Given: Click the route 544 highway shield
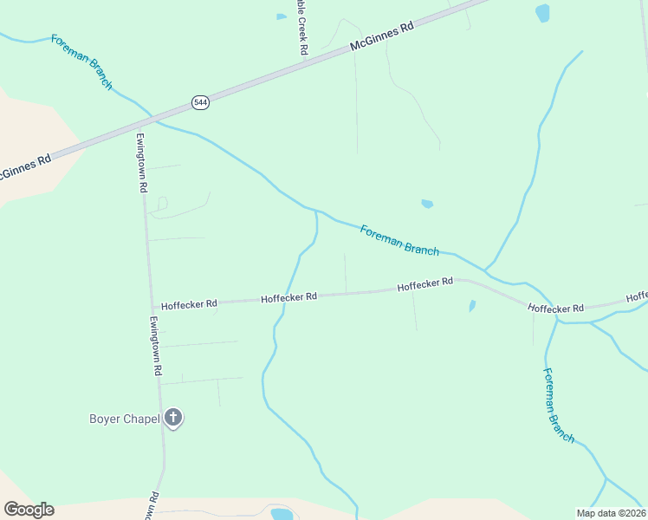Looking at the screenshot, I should point(201,102).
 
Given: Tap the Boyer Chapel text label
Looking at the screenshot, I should point(125,419).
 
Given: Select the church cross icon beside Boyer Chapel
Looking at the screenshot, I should point(173,419).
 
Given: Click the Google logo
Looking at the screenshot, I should point(29,510).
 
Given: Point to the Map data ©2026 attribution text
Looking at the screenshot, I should point(611,513).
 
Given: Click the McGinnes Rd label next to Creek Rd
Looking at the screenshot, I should point(382,38).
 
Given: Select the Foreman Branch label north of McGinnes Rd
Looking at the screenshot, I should point(81,62).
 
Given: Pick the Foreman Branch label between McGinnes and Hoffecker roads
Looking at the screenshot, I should point(399,239).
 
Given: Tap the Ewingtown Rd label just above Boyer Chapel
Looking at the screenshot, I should point(155,345).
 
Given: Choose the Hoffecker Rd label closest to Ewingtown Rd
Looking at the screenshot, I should point(189,304).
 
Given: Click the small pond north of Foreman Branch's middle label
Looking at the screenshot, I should point(426,205).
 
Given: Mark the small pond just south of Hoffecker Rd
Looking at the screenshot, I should point(471,306).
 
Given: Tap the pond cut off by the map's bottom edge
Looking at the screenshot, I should point(282,514).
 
